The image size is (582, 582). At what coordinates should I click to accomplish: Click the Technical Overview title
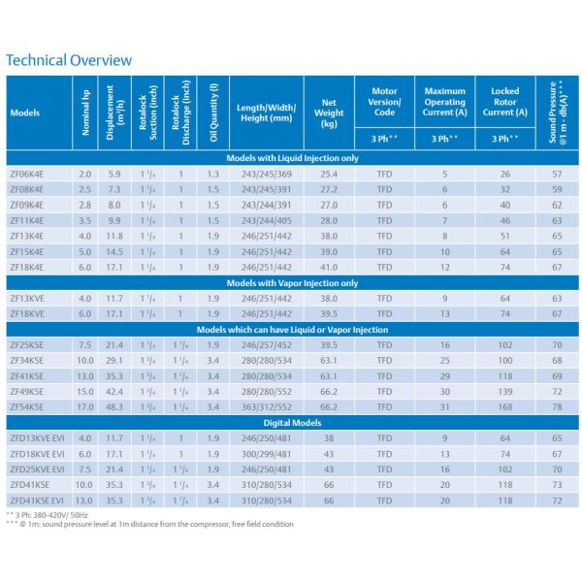click(x=69, y=60)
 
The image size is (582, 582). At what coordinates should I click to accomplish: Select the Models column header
click(x=25, y=113)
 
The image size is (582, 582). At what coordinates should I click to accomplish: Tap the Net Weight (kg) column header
click(x=329, y=113)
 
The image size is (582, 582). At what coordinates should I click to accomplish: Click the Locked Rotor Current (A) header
click(x=504, y=102)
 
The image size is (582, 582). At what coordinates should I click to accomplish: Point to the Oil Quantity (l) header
click(x=213, y=113)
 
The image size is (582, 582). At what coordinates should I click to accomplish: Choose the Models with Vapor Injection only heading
click(x=292, y=283)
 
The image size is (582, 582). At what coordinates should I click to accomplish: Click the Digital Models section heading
click(x=292, y=423)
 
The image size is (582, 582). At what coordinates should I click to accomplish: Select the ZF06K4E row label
click(x=27, y=174)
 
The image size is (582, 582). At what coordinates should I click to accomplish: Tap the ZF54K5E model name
click(x=27, y=407)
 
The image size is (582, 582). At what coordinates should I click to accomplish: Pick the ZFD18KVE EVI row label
click(x=37, y=454)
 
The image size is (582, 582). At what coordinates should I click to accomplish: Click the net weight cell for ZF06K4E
click(x=329, y=174)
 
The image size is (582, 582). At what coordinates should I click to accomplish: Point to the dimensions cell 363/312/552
click(x=266, y=407)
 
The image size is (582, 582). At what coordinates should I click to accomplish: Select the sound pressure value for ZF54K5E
click(x=557, y=407)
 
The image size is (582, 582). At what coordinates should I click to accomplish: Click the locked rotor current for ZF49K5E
click(x=505, y=392)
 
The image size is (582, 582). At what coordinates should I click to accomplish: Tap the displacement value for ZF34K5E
click(x=113, y=361)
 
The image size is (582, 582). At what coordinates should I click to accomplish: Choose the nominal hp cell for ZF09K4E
click(x=85, y=206)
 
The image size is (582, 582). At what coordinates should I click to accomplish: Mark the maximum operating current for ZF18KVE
click(x=444, y=314)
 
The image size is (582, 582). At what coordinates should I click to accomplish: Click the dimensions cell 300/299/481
click(x=266, y=454)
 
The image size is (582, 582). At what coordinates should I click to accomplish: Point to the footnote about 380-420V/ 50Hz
click(x=48, y=515)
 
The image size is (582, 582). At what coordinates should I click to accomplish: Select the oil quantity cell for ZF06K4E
click(x=213, y=174)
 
